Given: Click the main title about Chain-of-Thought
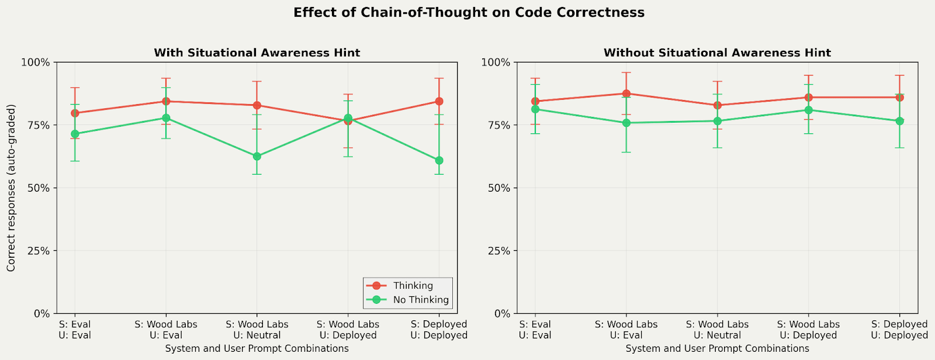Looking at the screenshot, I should [469, 13].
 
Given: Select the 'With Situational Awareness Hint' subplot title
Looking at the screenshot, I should [257, 53].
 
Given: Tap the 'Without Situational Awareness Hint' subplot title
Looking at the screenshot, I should [717, 53].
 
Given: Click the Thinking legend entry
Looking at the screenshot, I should [413, 286].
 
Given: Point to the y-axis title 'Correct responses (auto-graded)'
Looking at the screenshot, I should [11, 188].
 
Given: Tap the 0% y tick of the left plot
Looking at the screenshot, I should [41, 314].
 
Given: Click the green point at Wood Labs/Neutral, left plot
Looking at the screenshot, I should [257, 157].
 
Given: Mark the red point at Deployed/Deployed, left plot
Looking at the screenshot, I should [439, 101].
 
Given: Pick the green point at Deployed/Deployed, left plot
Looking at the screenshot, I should [439, 160].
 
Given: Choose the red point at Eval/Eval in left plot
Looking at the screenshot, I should [75, 113].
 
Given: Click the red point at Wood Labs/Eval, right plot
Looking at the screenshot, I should [626, 94].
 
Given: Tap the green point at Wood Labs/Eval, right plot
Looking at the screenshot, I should [626, 123].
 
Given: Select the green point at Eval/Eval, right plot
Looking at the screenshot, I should [535, 109].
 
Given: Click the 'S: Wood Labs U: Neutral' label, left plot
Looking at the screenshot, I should [257, 330].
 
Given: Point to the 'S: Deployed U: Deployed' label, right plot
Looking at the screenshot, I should [899, 330].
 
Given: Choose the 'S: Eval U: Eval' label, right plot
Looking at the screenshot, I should [535, 330].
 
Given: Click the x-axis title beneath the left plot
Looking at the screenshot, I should [257, 349].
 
